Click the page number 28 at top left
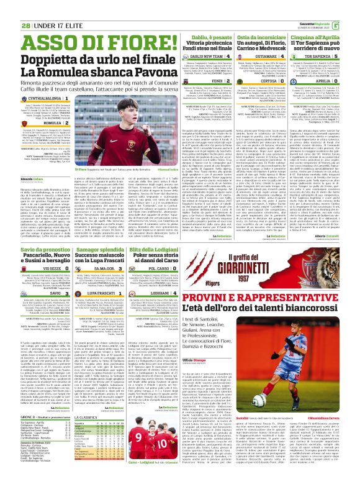(x=8, y=8)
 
